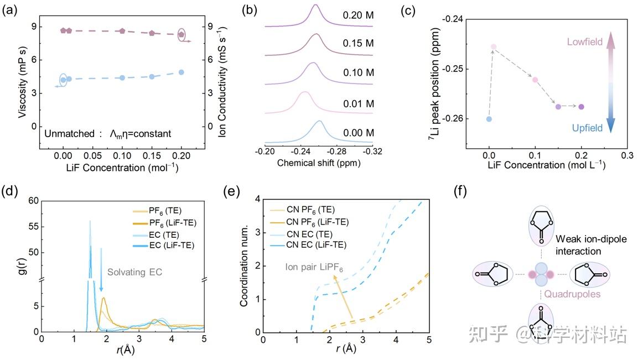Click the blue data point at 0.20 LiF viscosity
(182, 72)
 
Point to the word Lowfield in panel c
(584, 42)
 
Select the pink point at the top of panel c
(494, 47)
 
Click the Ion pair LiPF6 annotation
(315, 269)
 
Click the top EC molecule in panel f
(538, 226)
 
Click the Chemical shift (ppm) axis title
(315, 163)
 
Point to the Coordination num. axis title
(244, 264)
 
